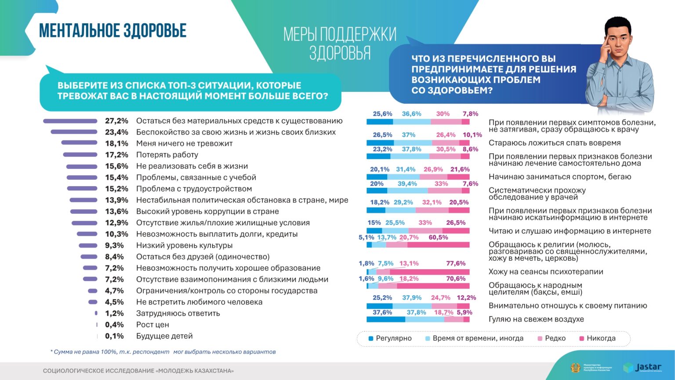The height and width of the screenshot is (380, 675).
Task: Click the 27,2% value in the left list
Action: [x=116, y=121]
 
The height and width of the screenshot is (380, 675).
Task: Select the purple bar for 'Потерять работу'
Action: [x=80, y=155]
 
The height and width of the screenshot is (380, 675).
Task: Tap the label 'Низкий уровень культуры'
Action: [x=184, y=245]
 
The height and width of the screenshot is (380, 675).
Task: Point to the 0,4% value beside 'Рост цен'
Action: [x=114, y=325]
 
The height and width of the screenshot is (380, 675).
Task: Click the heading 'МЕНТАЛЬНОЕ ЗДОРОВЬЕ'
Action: [x=113, y=31]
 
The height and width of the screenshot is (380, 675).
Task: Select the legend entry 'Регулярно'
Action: [x=390, y=338]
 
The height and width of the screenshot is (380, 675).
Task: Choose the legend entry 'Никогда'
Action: [x=597, y=338]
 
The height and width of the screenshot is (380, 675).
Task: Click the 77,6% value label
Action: [x=456, y=263]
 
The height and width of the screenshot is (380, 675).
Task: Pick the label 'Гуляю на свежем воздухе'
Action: [x=536, y=319]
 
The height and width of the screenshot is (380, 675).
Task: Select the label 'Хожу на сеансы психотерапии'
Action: [x=546, y=272]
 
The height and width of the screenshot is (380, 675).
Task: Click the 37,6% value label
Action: [x=382, y=312]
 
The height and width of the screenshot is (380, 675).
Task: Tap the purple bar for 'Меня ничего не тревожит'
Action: [x=79, y=142]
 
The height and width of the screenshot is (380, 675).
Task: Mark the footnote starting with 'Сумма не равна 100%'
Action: [x=163, y=352]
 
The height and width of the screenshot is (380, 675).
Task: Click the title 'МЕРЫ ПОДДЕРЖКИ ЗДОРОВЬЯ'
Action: [x=340, y=43]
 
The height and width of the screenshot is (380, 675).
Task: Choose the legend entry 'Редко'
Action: [x=552, y=338]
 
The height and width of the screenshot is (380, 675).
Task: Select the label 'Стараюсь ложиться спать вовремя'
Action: [x=555, y=143]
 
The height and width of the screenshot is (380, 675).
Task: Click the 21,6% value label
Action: [x=460, y=169]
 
